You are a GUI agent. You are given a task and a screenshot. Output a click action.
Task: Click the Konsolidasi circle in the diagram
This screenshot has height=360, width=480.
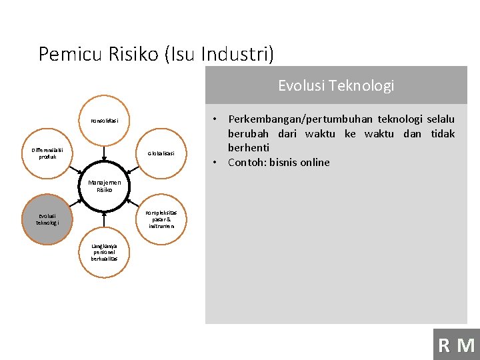click(104, 121)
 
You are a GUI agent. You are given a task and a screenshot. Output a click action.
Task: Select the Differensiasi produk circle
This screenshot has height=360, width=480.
click(47, 153)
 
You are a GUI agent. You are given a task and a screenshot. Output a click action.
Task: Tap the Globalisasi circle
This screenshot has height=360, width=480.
click(161, 153)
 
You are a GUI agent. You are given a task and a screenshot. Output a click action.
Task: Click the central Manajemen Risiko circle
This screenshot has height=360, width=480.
click(104, 186)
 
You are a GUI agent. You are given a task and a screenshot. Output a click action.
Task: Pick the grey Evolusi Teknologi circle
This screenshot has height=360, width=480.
click(47, 219)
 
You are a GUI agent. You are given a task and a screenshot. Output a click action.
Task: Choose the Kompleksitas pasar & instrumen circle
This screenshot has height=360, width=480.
click(161, 219)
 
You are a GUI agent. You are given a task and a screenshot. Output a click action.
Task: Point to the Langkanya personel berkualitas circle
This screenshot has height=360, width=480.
click(104, 252)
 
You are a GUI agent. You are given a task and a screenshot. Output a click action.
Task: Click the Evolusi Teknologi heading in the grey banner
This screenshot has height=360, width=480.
click(336, 85)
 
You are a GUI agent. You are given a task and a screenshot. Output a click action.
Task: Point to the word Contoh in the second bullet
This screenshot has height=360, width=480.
click(247, 162)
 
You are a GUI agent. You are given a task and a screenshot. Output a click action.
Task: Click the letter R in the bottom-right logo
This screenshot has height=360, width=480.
click(444, 345)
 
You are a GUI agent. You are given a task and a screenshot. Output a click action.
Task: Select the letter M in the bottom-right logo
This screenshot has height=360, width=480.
click(466, 345)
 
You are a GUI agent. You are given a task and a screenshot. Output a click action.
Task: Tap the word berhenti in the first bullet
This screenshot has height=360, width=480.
click(249, 147)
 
